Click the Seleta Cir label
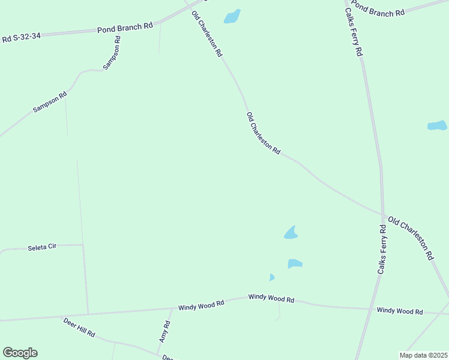pos(42,247)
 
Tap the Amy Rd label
pos(164,331)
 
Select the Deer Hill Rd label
pos(79,327)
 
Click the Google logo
pos(20,353)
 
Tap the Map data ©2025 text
pos(423,355)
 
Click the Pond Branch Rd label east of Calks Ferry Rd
pos(378,9)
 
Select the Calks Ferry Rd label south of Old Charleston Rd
pos(382,249)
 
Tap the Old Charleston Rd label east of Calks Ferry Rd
pos(411,238)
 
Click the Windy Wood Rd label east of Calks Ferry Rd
pos(400,311)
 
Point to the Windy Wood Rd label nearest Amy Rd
pos(201,305)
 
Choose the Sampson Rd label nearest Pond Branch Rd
pos(112,53)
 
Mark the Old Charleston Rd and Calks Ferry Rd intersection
pos(382,213)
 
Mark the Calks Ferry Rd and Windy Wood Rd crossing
pos(369,309)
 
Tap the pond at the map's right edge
pos(437,126)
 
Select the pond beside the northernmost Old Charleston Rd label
pos(232,16)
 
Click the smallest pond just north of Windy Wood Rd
pos(272,277)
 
